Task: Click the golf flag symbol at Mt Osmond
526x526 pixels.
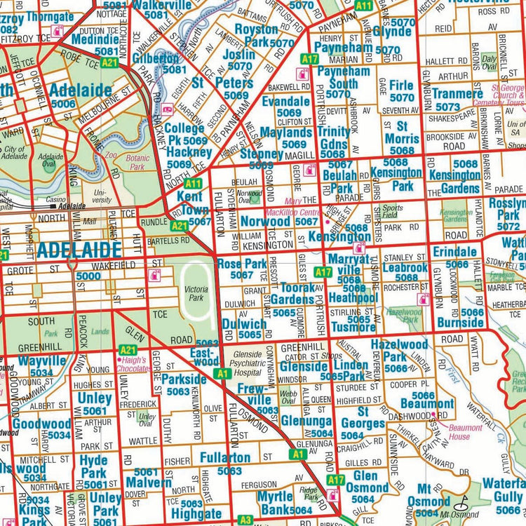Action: [x=461, y=502]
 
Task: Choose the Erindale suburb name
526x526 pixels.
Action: [x=455, y=252]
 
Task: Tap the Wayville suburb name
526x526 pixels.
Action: [x=41, y=361]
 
